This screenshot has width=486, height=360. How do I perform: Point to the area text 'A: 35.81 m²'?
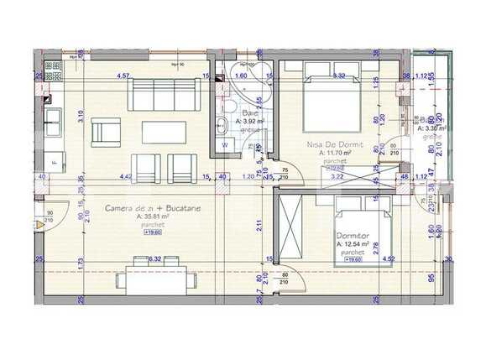coord(152,217)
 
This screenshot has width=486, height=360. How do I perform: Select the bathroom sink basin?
coord(220,127)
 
